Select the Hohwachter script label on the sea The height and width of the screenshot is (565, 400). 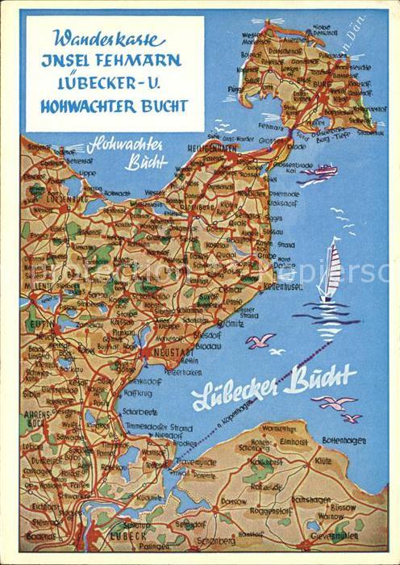tap(126, 144)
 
